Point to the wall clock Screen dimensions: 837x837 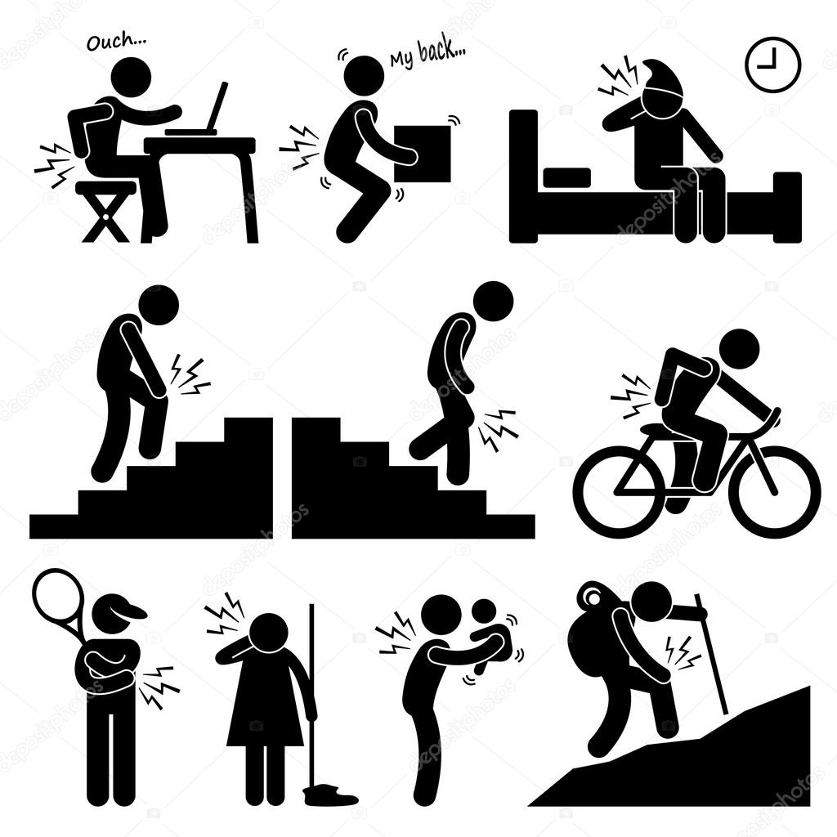[772, 65]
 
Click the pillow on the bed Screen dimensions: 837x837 [566, 177]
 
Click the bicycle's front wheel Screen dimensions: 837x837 [774, 490]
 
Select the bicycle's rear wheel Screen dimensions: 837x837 [619, 490]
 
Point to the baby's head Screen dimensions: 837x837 [486, 611]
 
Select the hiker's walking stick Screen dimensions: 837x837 [711, 654]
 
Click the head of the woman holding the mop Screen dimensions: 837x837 [267, 633]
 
